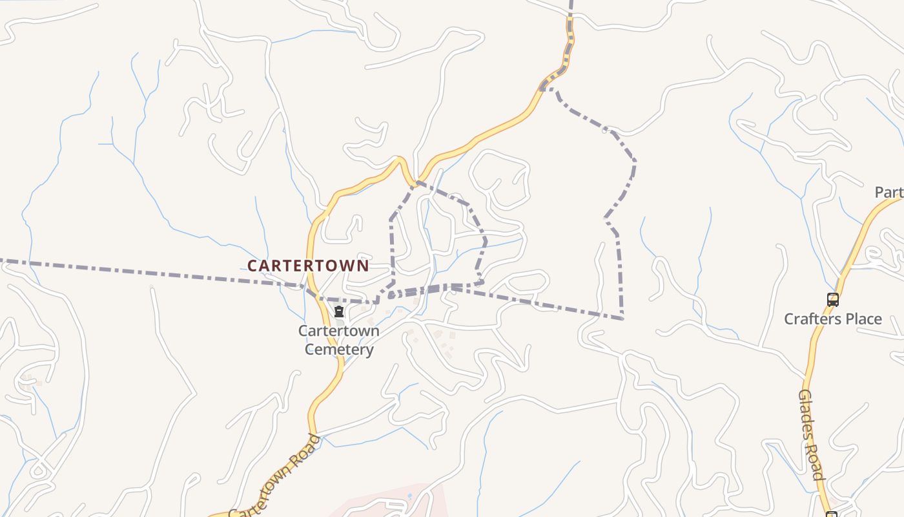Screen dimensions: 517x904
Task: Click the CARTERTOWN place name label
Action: tap(308, 266)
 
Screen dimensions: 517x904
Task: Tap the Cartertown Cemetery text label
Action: tap(339, 340)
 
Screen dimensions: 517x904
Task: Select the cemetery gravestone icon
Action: tap(339, 312)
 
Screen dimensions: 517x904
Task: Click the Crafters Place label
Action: tap(832, 319)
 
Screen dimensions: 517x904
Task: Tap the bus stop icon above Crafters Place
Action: tap(833, 299)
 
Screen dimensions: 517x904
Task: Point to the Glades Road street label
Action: tap(812, 434)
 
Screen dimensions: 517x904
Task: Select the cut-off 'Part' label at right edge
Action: tap(889, 192)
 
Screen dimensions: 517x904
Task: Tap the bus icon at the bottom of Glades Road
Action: tap(832, 514)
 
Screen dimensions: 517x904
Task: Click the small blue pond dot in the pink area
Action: tap(409, 496)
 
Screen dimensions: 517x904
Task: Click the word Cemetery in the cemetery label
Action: tap(339, 350)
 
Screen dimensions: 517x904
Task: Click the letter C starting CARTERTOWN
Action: tap(252, 266)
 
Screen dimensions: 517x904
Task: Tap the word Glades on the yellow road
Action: tap(806, 411)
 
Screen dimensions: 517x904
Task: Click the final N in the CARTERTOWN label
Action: tap(364, 266)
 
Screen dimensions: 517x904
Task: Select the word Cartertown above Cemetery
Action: tap(339, 331)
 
